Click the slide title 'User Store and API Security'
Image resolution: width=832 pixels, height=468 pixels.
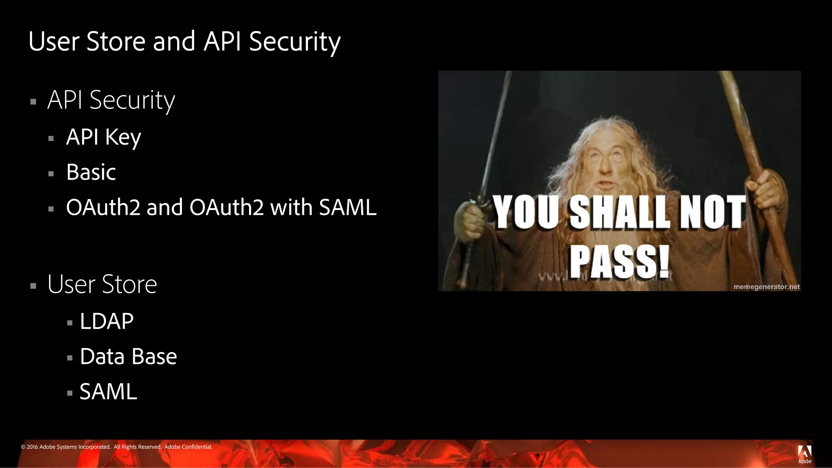pos(184,41)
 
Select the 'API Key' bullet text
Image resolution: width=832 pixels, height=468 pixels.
pos(104,137)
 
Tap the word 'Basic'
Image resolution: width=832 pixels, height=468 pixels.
pos(91,172)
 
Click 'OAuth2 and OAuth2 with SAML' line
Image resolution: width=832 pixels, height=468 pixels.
pos(221,208)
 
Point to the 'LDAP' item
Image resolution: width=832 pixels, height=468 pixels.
pos(106,321)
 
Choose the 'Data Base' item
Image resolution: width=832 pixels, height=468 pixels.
pos(128,357)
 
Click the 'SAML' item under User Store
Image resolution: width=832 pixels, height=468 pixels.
pos(108,392)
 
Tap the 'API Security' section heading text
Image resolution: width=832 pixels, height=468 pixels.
pos(111,100)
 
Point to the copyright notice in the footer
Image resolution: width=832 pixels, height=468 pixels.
pos(117,447)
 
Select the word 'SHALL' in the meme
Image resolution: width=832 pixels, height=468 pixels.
pos(620,212)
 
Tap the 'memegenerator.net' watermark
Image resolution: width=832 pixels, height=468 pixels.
pos(767,287)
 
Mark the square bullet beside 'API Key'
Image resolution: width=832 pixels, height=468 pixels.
pos(51,139)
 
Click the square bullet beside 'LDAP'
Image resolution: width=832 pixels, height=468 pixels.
pos(70,323)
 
